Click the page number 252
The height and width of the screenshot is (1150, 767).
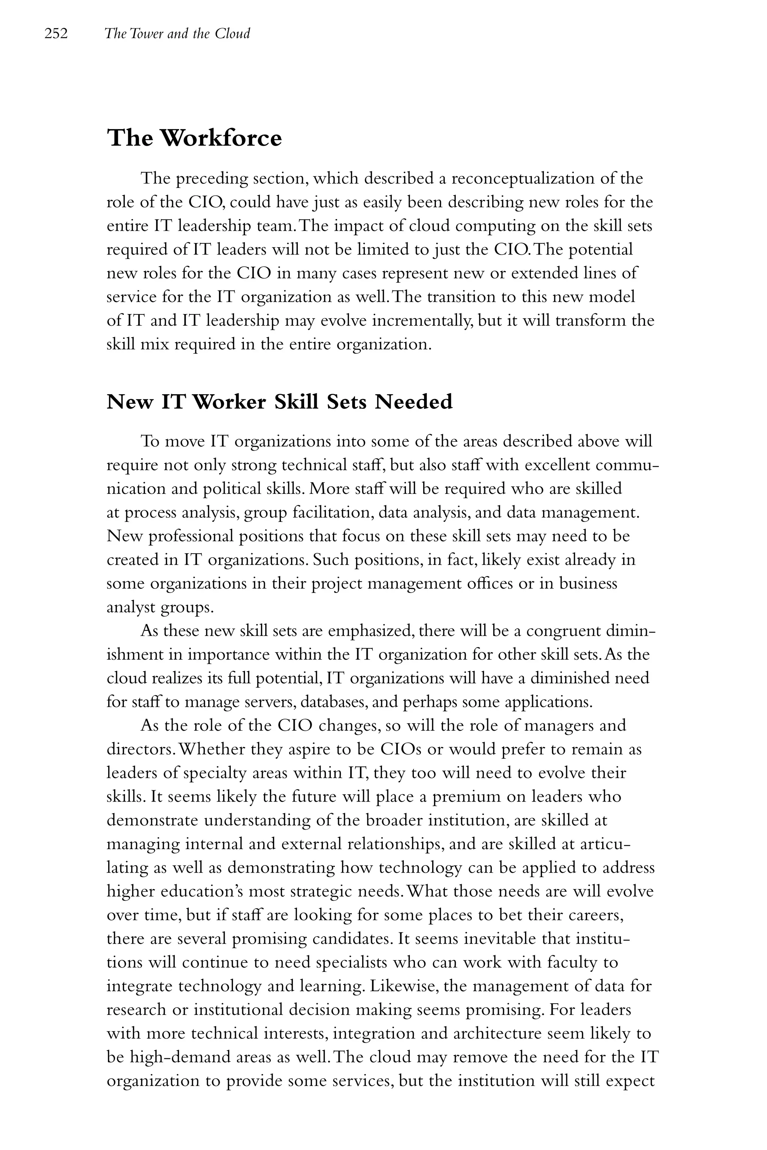pyautogui.click(x=56, y=34)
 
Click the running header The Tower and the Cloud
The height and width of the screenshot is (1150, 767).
pyautogui.click(x=177, y=34)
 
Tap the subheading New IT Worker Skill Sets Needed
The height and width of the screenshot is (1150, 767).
pyautogui.click(x=279, y=402)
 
